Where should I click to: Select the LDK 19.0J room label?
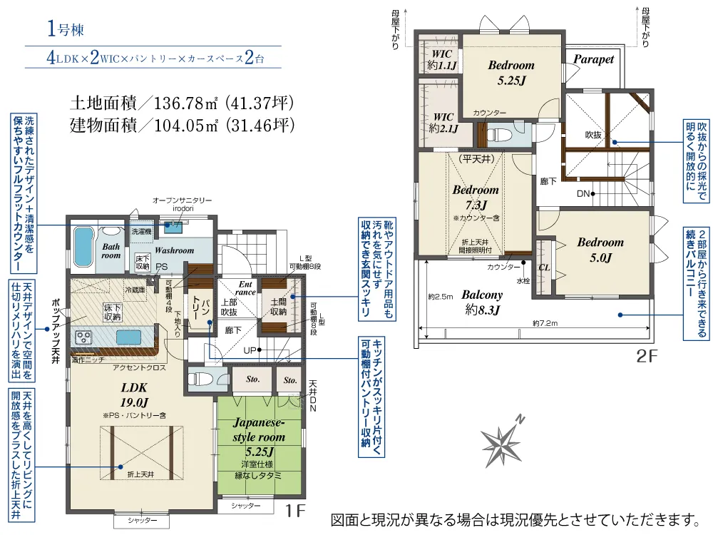coord(133,395)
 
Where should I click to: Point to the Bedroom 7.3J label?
coord(476,197)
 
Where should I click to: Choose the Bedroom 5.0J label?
coord(600,250)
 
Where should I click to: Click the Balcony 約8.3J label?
coord(481,301)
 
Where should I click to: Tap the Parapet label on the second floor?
coord(593,60)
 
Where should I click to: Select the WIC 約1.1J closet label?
coord(442,60)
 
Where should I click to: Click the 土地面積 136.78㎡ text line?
coord(182,103)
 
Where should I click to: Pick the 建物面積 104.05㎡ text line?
coord(182,126)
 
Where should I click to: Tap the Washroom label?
coord(175,250)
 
